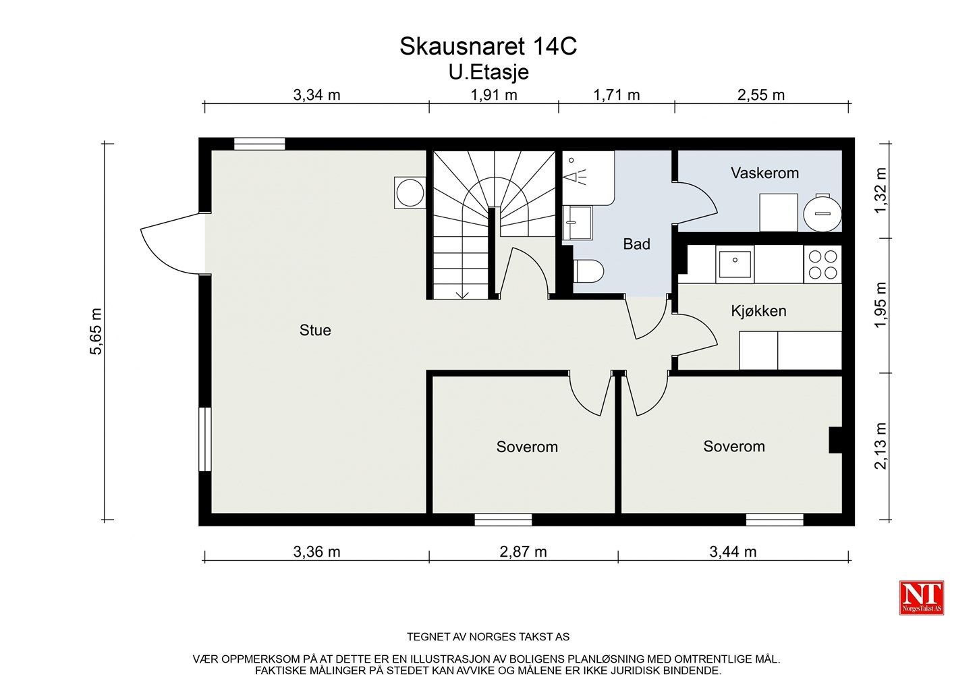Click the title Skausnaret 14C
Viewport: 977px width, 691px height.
(x=488, y=47)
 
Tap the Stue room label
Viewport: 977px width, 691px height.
(x=315, y=330)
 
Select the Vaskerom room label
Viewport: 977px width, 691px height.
(x=764, y=173)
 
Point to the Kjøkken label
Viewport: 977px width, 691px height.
(x=758, y=311)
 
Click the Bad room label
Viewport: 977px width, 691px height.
(x=636, y=244)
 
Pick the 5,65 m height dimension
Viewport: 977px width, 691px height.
(x=96, y=331)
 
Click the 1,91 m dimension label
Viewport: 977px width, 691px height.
(x=494, y=95)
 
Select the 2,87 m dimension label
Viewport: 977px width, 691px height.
(x=523, y=552)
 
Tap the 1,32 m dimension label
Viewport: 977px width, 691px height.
(x=880, y=191)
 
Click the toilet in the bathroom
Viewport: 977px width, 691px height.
(x=589, y=271)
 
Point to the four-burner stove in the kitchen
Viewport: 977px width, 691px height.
(x=822, y=265)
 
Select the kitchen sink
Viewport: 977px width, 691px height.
(x=735, y=264)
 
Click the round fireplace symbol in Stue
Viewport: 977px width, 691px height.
(x=410, y=192)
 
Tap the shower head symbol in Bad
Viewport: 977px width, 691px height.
(x=575, y=177)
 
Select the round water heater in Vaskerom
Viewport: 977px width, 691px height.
(x=822, y=213)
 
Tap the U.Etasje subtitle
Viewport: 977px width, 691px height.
(x=488, y=72)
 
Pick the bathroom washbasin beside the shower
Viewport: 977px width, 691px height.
(x=577, y=223)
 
